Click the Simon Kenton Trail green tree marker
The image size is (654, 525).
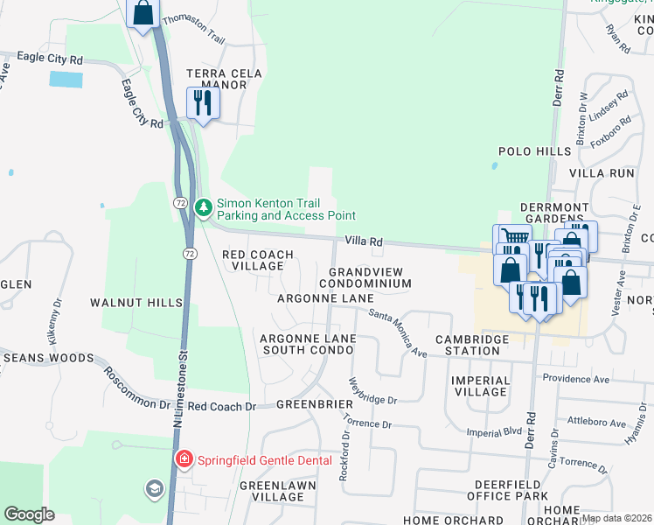(x=204, y=207)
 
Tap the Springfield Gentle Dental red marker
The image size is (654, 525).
(x=184, y=459)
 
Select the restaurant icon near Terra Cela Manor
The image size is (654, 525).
(x=203, y=103)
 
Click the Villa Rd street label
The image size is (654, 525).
(x=364, y=241)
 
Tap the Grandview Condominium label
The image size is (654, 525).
(x=370, y=278)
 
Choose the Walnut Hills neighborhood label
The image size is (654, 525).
(x=136, y=302)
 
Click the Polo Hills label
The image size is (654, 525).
(x=534, y=151)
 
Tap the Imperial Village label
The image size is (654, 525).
(x=481, y=386)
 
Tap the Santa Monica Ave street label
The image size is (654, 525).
(x=397, y=333)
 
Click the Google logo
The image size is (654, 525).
(x=29, y=514)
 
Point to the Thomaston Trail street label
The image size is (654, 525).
(x=194, y=27)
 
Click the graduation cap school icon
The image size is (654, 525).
(x=154, y=488)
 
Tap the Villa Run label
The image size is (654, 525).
(x=602, y=173)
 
